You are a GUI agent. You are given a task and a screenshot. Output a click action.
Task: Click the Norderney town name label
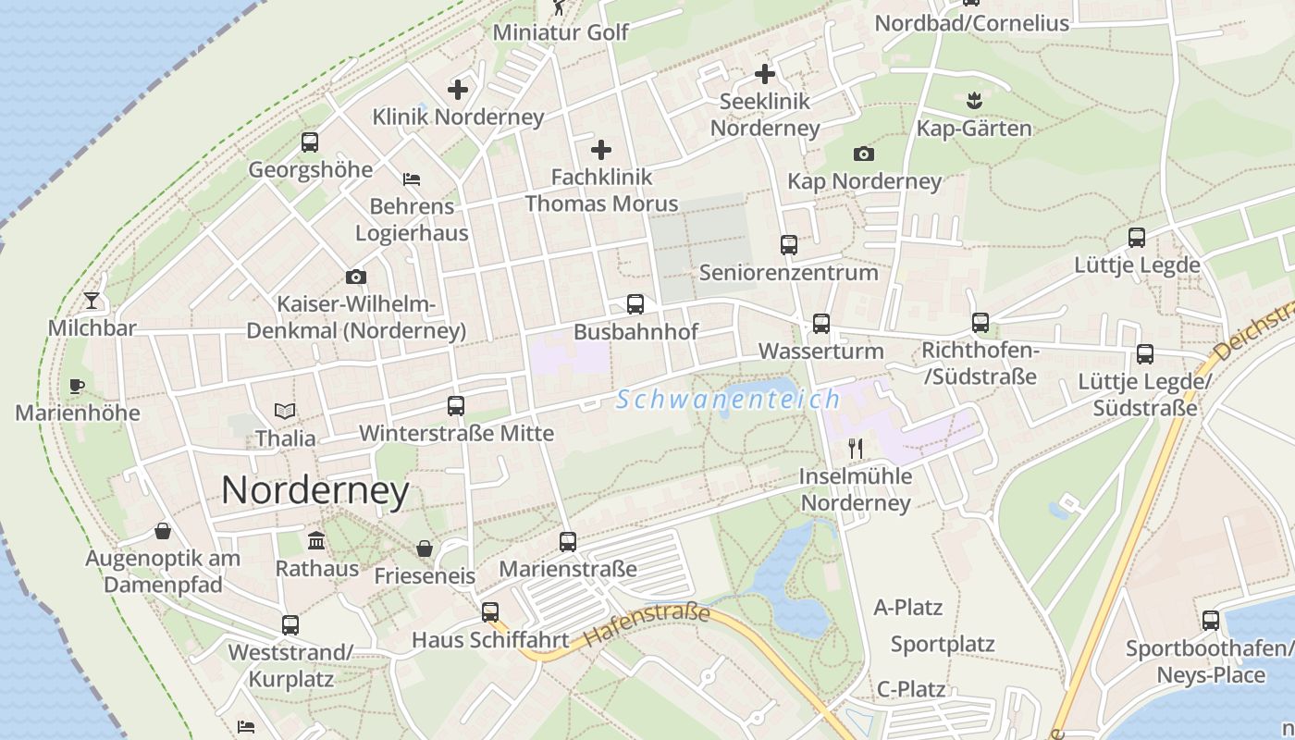pyautogui.click(x=314, y=490)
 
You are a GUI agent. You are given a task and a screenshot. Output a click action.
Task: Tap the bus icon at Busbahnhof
pyautogui.click(x=635, y=304)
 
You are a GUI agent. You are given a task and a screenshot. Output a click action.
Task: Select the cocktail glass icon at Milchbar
pyautogui.click(x=92, y=300)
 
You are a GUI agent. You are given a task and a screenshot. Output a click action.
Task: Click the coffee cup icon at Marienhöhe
pyautogui.click(x=77, y=386)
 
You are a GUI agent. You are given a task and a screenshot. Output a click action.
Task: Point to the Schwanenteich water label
pyautogui.click(x=728, y=400)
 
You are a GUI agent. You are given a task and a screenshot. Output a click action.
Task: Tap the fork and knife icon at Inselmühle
pyautogui.click(x=856, y=450)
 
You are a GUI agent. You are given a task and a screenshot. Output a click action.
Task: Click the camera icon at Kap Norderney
pyautogui.click(x=864, y=154)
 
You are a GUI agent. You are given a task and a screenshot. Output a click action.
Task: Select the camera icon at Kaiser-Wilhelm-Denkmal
pyautogui.click(x=356, y=277)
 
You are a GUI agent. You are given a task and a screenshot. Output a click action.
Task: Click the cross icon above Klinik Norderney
pyautogui.click(x=458, y=90)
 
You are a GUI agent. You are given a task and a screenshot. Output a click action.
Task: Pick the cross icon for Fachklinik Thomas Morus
pyautogui.click(x=601, y=149)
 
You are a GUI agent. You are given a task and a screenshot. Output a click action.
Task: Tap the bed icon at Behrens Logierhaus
pyautogui.click(x=412, y=179)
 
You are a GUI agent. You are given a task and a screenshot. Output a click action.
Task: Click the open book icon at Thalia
pyautogui.click(x=285, y=411)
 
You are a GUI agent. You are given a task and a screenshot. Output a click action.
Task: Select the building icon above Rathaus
pyautogui.click(x=316, y=540)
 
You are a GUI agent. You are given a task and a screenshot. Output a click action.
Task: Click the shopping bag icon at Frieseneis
pyautogui.click(x=425, y=549)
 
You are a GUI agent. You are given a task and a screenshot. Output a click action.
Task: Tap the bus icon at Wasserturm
pyautogui.click(x=821, y=324)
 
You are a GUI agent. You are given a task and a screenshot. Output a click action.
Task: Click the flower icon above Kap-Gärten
pyautogui.click(x=973, y=99)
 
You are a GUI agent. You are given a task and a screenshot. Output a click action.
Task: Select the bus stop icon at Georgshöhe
pyautogui.click(x=310, y=142)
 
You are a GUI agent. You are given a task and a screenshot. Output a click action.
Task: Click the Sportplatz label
pyautogui.click(x=943, y=644)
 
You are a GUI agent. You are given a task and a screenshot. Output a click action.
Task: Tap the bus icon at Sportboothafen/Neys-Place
pyautogui.click(x=1210, y=621)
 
